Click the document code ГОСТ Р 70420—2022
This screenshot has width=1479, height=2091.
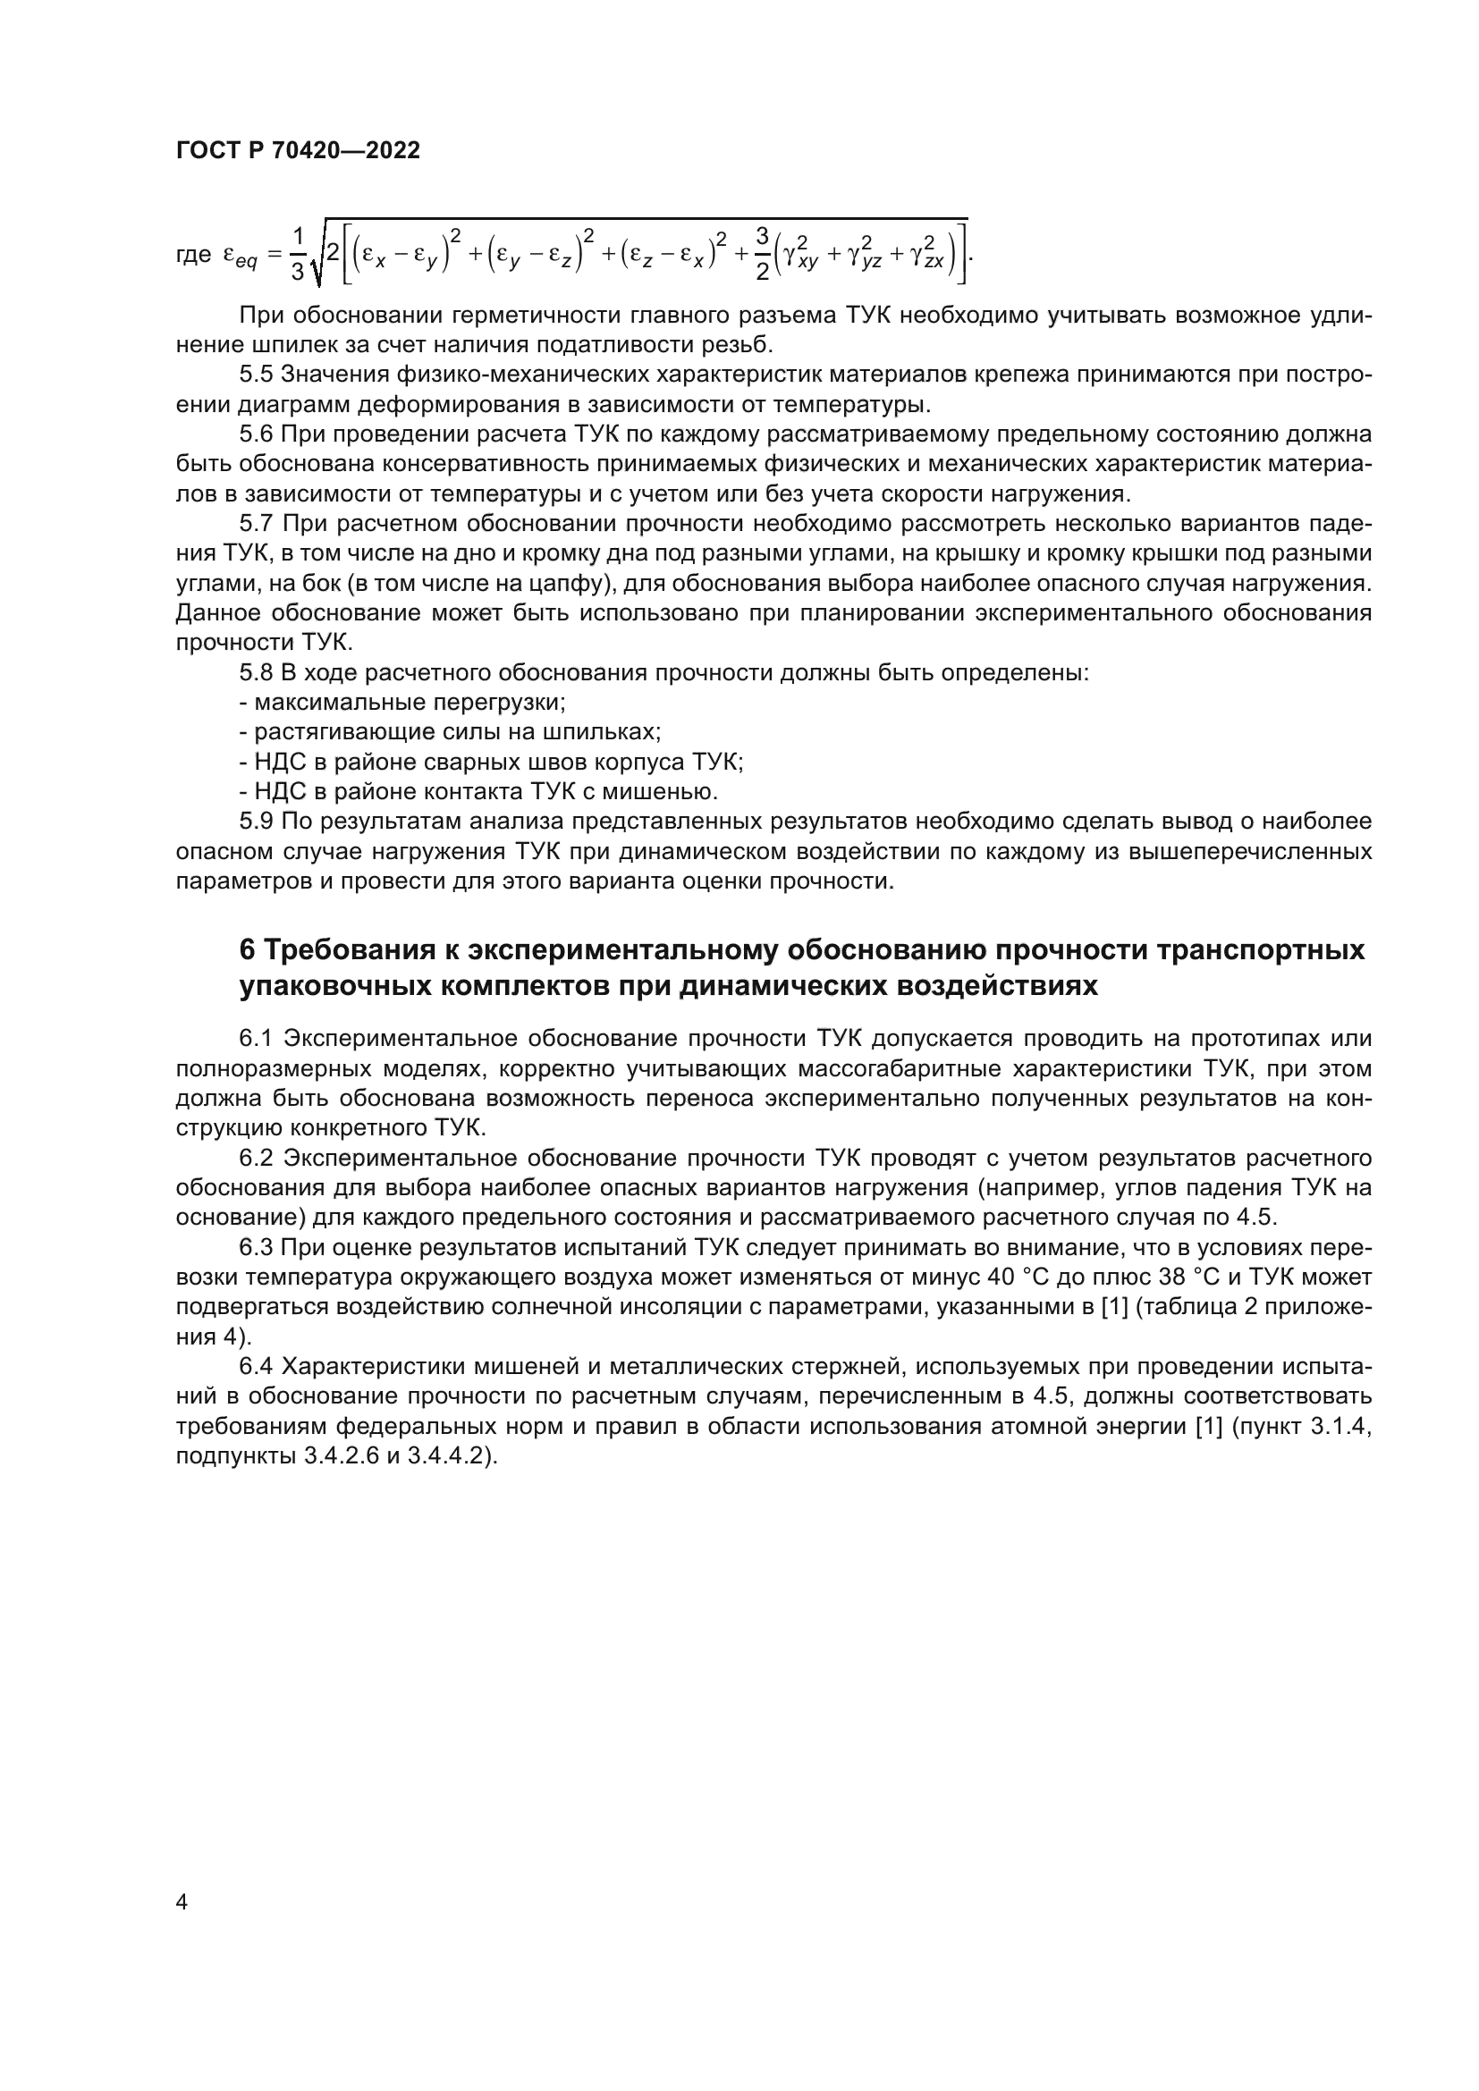click(x=298, y=151)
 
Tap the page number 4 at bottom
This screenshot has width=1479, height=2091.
click(x=182, y=1902)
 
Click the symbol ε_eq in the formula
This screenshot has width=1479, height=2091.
click(x=241, y=257)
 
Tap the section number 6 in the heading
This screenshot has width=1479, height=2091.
click(x=247, y=950)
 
